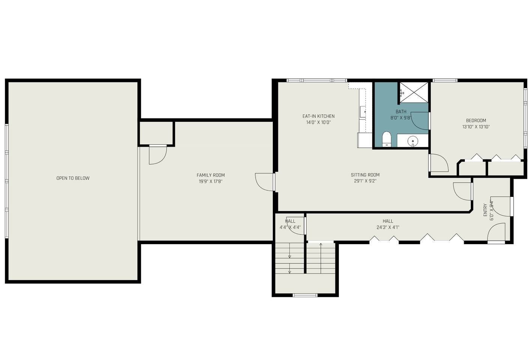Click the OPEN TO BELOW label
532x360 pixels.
coord(73,178)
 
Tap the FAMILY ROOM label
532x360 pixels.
coord(211,175)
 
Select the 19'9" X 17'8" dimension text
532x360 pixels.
coord(211,181)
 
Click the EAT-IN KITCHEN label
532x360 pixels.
coord(319,116)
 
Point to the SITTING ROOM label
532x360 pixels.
coord(365,175)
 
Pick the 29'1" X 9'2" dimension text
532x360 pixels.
coord(365,181)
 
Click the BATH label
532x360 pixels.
coord(401,111)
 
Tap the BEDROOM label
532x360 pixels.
coord(476,120)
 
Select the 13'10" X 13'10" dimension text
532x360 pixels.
coord(476,127)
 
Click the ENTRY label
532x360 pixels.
coord(485,210)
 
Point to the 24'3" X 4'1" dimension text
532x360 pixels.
coord(388,227)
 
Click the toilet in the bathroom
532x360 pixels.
coord(387,139)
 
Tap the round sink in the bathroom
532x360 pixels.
coord(413,141)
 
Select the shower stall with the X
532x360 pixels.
coord(414,93)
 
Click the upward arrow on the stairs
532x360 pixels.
coord(321,258)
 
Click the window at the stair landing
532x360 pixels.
coord(305,295)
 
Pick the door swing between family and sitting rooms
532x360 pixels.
coord(264,182)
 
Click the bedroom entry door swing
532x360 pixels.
coord(439,163)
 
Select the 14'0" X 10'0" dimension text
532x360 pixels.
coord(319,123)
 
